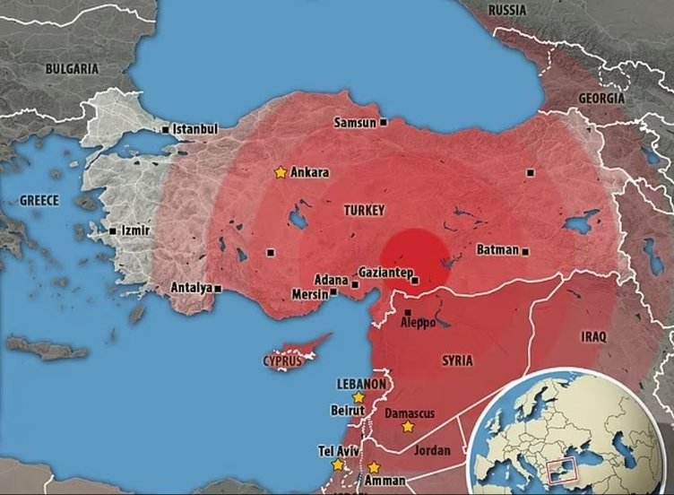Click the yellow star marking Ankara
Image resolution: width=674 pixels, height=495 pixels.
(281, 171)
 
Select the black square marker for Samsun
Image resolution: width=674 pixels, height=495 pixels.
(384, 122)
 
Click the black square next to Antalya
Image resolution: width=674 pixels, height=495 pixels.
(218, 288)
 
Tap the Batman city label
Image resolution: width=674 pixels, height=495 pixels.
(497, 250)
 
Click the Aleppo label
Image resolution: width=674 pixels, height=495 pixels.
(418, 322)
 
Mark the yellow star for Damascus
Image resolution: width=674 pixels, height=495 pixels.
(408, 427)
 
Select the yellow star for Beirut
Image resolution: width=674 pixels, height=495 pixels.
(359, 396)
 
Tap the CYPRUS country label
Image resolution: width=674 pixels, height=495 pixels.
(282, 361)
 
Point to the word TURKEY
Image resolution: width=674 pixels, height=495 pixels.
(364, 210)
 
